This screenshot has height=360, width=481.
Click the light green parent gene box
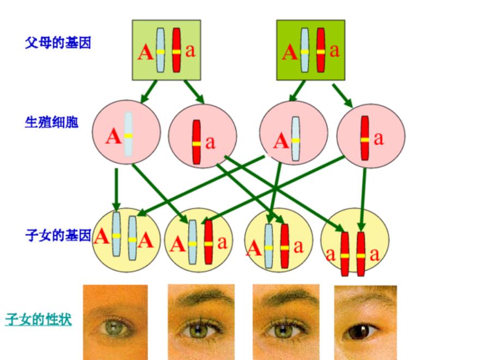tap(167, 50)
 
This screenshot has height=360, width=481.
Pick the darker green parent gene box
tap(310, 50)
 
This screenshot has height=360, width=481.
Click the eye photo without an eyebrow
tap(115, 322)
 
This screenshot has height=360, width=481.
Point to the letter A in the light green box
tap(145, 53)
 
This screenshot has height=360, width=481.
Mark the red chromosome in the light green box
tap(176, 50)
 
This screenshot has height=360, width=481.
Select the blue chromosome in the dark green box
tap(305, 50)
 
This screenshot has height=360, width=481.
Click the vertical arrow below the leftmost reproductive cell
tap(117, 188)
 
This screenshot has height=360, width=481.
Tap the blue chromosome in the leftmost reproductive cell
tap(127, 135)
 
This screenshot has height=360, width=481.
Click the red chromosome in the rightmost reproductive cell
tap(364, 138)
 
